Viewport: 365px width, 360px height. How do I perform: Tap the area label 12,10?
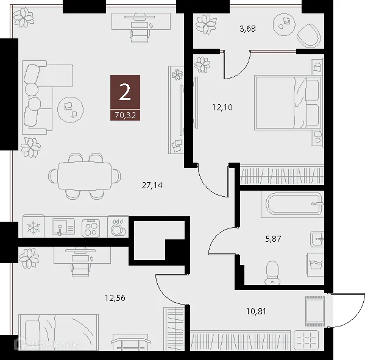(222, 108)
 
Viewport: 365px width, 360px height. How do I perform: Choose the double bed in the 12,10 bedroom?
(286, 102)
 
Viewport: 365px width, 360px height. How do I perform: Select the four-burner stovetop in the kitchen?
(93, 228)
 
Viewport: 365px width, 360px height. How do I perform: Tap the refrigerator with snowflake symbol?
(34, 228)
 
